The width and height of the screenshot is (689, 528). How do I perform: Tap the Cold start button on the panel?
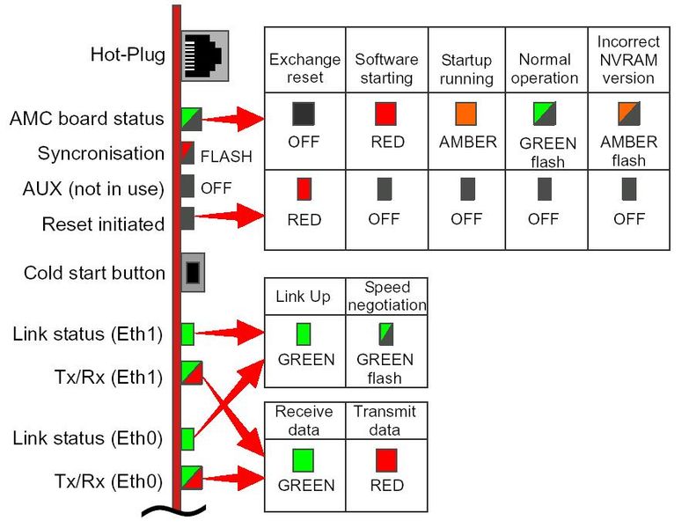[x=194, y=273]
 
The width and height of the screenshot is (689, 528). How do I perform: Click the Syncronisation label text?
[x=100, y=154]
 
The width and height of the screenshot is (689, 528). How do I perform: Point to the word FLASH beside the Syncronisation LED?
[x=226, y=157]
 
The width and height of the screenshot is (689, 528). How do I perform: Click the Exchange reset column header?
[x=304, y=69]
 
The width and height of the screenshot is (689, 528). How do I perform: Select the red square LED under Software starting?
[x=385, y=113]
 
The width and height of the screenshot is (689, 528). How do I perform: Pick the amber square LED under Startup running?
[x=466, y=114]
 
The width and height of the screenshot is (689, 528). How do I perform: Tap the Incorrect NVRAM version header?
[x=628, y=60]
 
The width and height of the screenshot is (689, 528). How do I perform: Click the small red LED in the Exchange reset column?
[x=304, y=189]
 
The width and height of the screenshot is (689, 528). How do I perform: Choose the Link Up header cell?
[x=303, y=297]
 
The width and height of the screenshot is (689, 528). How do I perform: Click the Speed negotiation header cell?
[x=385, y=297]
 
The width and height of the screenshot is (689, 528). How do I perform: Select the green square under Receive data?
[x=304, y=459]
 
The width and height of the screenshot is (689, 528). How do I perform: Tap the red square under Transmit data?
[x=386, y=459]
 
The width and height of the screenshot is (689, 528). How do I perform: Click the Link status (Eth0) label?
[x=88, y=437]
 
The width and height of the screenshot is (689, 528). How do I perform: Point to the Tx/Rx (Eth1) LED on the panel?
[x=192, y=373]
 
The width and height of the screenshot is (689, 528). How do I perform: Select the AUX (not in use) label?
[x=93, y=188]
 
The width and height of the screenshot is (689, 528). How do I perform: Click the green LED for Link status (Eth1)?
[x=187, y=334]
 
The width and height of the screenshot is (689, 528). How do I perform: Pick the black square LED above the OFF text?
[x=304, y=113]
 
